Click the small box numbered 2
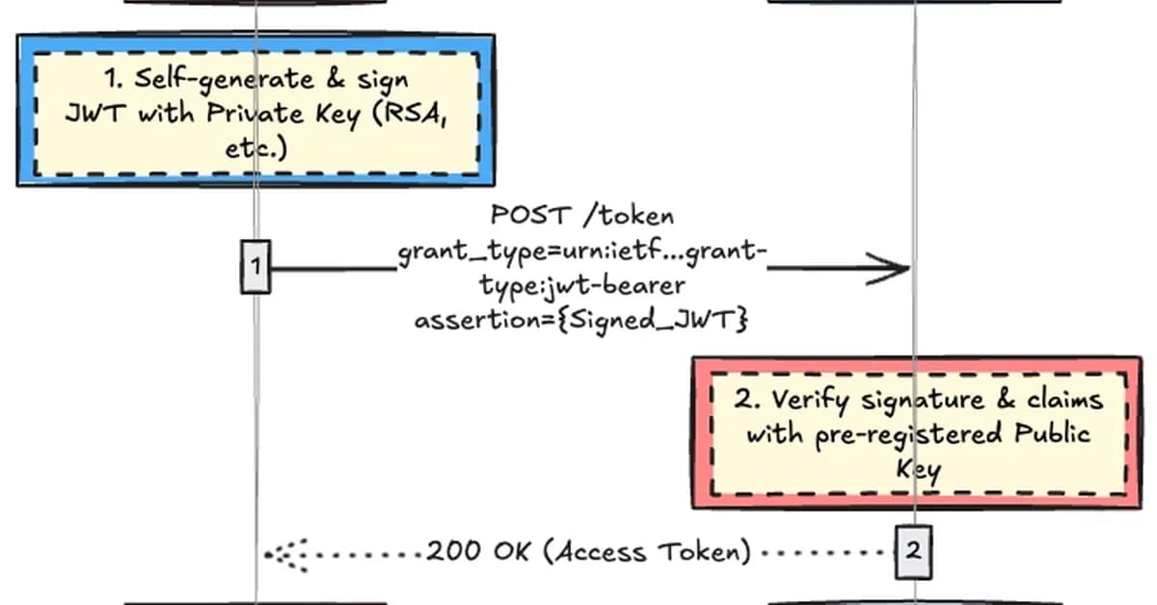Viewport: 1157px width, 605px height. click(913, 552)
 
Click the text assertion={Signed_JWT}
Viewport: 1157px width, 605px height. click(581, 321)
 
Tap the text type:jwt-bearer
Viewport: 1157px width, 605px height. click(581, 286)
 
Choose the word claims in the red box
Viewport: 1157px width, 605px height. click(1061, 400)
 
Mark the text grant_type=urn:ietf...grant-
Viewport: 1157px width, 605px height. click(582, 252)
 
